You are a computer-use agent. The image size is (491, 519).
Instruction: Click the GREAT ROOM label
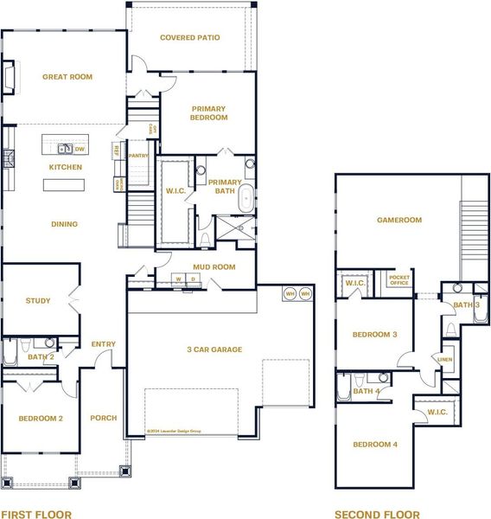tap(67, 77)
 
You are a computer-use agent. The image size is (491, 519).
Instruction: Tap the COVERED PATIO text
tap(190, 37)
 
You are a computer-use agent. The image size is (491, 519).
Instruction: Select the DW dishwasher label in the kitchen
tap(80, 149)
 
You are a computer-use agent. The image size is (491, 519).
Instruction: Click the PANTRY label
tap(138, 156)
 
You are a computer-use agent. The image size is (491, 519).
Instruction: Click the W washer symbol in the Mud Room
tap(178, 279)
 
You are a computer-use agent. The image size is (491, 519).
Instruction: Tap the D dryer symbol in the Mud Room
tap(193, 279)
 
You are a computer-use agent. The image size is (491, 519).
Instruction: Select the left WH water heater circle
tap(290, 294)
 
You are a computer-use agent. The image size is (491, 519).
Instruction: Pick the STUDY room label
tap(37, 301)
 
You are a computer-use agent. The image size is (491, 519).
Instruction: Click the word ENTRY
tap(103, 344)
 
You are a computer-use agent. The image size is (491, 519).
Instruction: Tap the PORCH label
tap(103, 418)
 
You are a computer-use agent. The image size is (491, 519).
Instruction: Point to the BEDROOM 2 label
tap(41, 418)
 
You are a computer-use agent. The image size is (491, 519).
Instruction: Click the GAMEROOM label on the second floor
tap(399, 220)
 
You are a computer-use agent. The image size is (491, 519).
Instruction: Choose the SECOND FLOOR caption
tap(377, 514)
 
